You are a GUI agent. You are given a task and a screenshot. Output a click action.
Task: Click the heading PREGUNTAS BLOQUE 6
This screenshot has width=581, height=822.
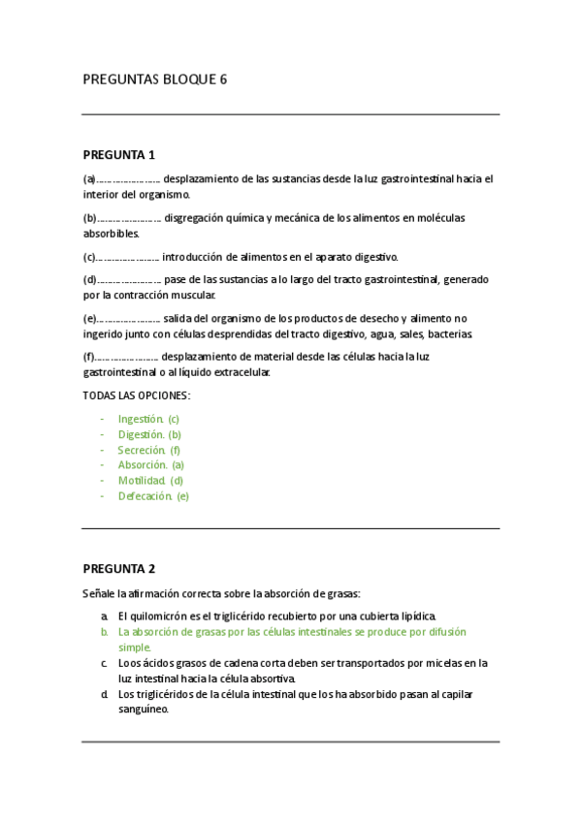click(x=155, y=79)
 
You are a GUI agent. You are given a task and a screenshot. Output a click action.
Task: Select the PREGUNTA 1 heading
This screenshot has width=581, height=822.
click(x=119, y=155)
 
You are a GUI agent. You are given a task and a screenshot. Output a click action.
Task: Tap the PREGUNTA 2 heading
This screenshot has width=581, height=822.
click(x=119, y=569)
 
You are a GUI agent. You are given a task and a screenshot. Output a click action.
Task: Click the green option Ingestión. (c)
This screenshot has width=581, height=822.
click(x=148, y=419)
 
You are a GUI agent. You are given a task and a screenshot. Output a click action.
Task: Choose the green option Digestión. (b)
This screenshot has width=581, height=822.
click(x=149, y=434)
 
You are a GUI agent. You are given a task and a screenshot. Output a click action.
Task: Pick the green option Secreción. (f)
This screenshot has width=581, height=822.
click(x=149, y=450)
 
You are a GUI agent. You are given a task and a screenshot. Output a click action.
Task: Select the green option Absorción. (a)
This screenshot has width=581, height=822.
click(x=150, y=465)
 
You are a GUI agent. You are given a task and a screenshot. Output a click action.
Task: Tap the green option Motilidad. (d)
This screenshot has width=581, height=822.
click(x=150, y=481)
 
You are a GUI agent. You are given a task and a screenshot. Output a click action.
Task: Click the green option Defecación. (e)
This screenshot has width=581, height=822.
click(x=153, y=496)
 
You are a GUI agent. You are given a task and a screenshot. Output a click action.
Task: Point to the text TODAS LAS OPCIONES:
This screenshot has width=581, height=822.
click(x=137, y=395)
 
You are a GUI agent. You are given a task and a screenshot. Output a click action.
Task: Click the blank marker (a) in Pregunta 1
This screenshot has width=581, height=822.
click(x=89, y=179)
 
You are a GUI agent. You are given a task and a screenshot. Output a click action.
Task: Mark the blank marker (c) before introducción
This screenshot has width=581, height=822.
click(x=89, y=257)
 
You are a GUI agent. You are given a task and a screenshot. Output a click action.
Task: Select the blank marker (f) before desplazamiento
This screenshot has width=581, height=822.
click(x=88, y=357)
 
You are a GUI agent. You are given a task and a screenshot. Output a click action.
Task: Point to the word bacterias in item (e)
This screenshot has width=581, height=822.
click(x=450, y=334)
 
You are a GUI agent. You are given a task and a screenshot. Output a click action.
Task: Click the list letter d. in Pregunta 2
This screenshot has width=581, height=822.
click(x=104, y=694)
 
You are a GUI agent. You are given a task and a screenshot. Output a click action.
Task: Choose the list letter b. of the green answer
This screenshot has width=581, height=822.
click(x=104, y=632)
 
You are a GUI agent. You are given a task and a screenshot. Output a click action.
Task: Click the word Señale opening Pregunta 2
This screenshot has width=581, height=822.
click(x=98, y=593)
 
